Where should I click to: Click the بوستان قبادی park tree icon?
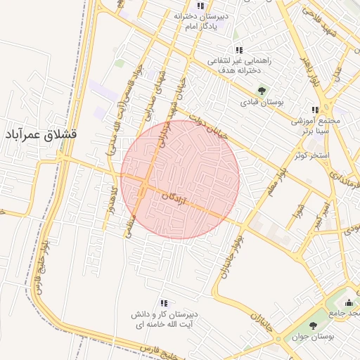coord(262,91)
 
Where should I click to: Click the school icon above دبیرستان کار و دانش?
coord(164,302)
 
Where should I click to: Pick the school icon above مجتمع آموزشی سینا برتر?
coord(315,110)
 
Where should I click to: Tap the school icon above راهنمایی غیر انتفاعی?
coord(239,50)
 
